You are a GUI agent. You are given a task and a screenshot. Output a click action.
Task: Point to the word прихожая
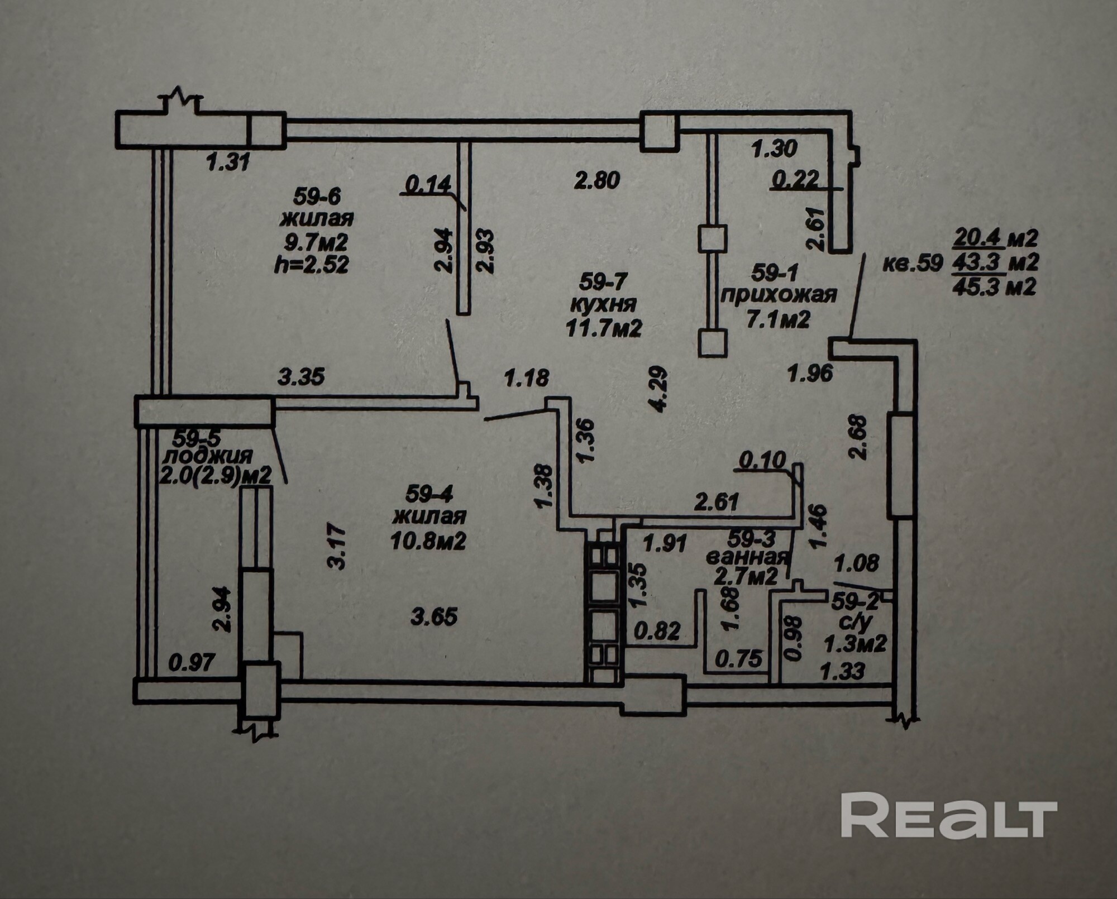[779, 295]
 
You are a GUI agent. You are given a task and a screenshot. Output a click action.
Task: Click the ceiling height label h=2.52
[312, 265]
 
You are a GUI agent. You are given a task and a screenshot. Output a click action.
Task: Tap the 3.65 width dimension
[434, 617]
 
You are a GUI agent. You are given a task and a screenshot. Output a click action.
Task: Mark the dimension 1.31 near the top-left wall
[227, 163]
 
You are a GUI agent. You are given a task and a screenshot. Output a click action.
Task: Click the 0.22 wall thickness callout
[796, 179]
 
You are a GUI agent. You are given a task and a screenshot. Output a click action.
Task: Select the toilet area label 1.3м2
[856, 644]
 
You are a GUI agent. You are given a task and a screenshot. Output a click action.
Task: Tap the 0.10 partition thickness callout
[763, 461]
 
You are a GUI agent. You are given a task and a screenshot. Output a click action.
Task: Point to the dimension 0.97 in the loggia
[192, 663]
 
